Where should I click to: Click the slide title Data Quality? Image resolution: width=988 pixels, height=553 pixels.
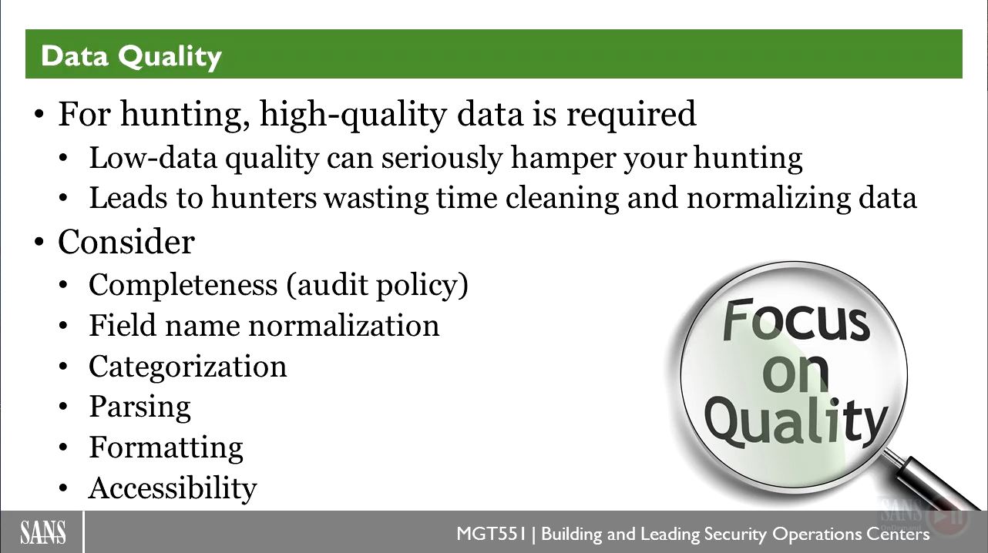coord(131,57)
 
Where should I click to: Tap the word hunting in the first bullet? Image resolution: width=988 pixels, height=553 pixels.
coord(185,116)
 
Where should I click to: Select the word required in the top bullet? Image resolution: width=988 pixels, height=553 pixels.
coord(631,116)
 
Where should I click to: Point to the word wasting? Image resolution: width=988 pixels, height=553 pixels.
coord(377,198)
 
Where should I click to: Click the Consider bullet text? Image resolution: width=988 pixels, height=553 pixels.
coord(126,242)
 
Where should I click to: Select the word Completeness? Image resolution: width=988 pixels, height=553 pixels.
coord(183,285)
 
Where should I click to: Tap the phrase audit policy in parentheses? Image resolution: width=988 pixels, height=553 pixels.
coord(377,285)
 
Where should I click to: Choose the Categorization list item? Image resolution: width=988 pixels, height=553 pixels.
coord(188,367)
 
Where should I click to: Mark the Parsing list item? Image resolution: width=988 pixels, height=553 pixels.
coord(139,407)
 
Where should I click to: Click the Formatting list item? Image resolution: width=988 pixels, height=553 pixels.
coord(166,447)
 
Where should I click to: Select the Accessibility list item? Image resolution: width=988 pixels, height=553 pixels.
coord(173,488)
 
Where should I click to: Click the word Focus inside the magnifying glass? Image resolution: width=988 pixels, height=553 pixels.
coord(795,320)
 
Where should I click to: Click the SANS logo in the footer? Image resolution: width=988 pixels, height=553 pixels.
coord(43,532)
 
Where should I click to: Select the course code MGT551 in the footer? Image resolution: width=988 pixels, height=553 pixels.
coord(492,534)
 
